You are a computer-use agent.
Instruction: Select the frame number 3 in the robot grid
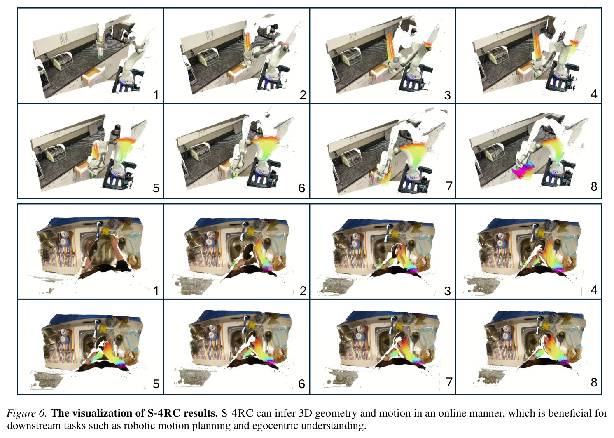click(x=447, y=95)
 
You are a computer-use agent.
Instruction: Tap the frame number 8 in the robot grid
click(x=594, y=186)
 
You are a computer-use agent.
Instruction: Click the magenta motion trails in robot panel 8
click(x=523, y=170)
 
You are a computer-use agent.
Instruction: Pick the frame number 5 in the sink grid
click(x=156, y=384)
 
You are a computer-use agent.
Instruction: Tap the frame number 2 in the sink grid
click(x=303, y=291)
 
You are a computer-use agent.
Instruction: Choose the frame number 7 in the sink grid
click(x=449, y=382)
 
